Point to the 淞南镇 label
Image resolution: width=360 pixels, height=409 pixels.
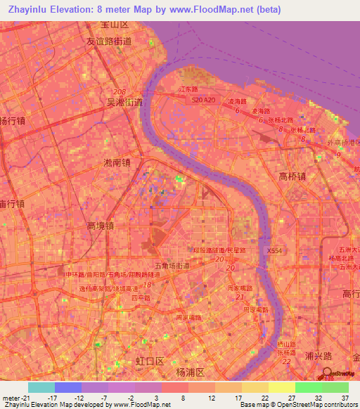pos(117,162)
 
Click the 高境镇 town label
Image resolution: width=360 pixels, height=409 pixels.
pos(100,226)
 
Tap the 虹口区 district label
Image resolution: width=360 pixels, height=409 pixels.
pos(150,361)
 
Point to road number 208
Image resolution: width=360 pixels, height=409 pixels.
pos(122,92)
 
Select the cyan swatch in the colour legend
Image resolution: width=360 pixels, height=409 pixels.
pos(41,387)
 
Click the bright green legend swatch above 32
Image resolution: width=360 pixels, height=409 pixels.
pos(308,387)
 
